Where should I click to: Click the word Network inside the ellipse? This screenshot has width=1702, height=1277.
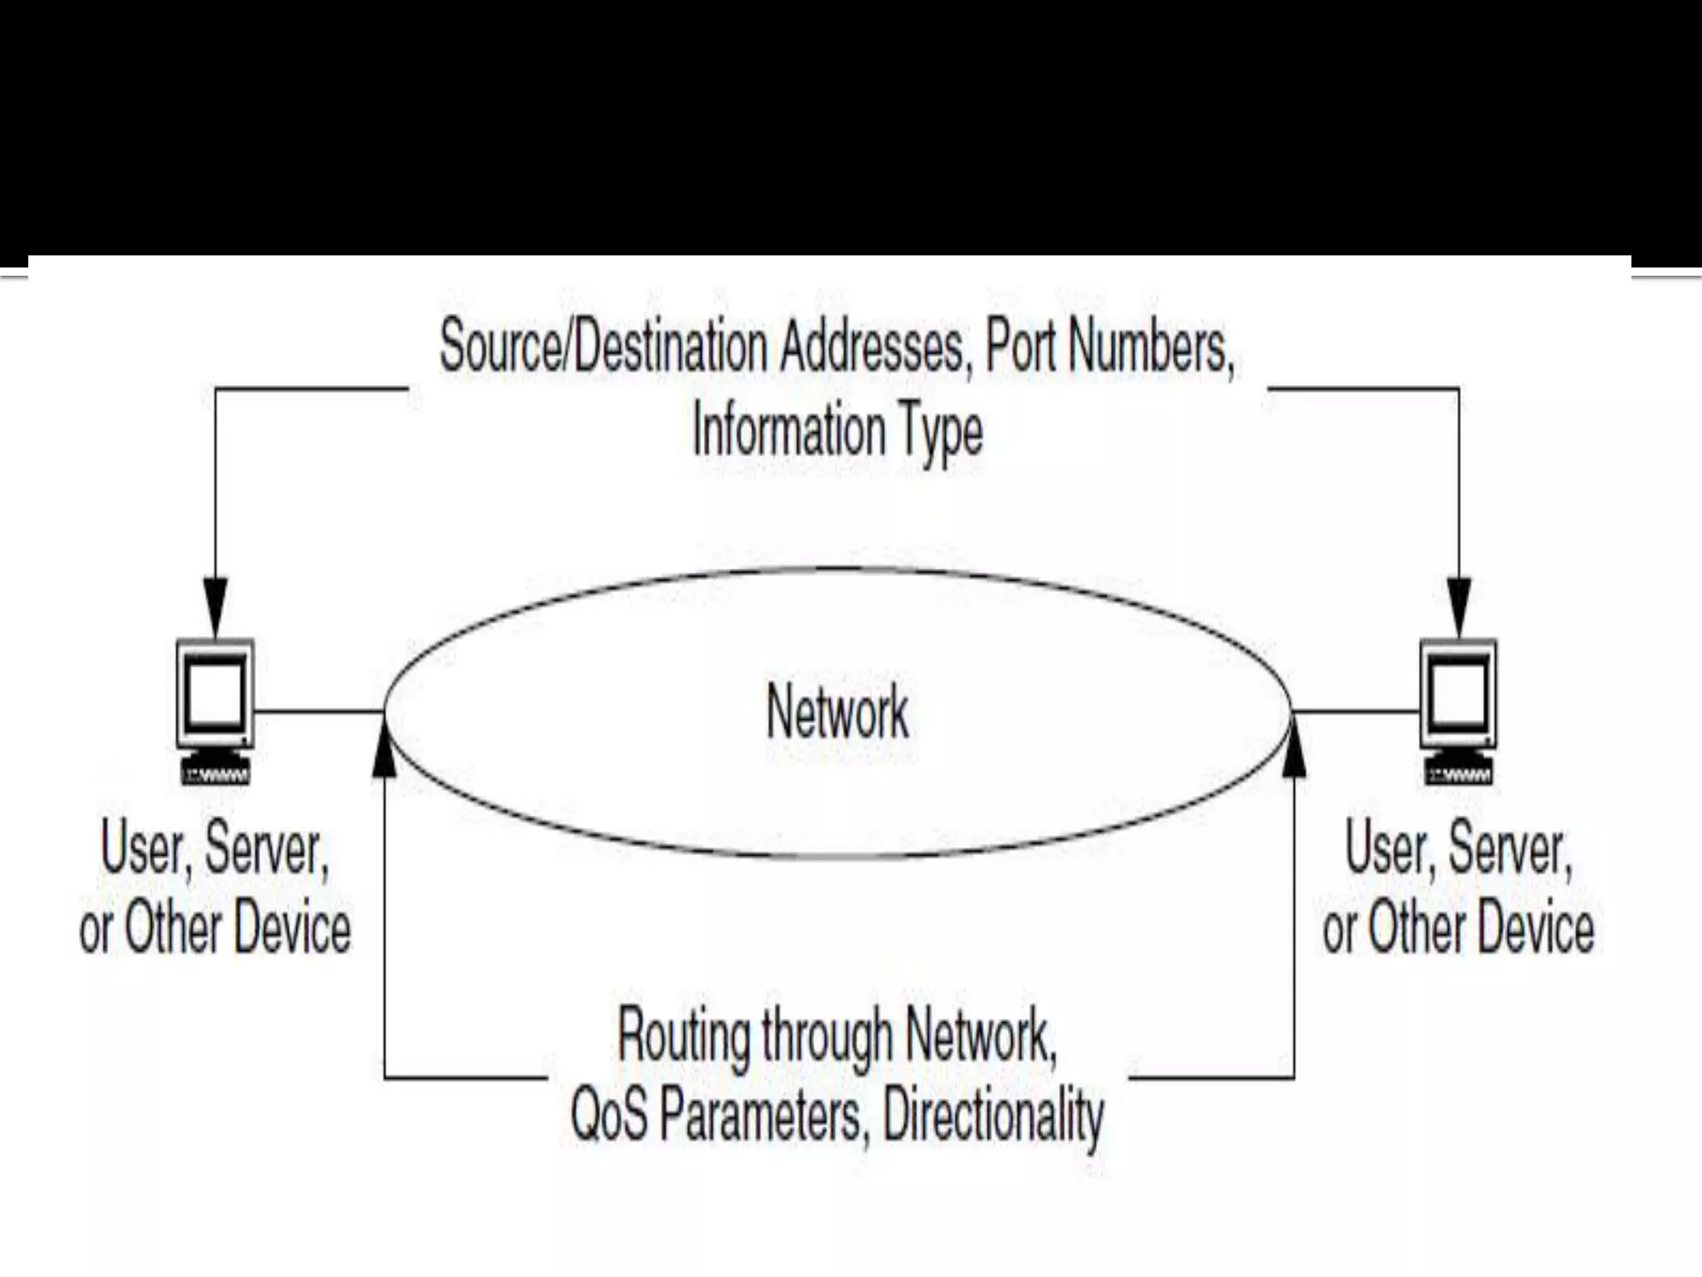coord(838,712)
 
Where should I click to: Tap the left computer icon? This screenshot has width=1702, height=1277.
coord(215,695)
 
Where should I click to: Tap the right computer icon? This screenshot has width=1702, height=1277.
coord(1459,695)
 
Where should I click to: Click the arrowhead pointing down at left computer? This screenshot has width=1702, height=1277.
coord(215,605)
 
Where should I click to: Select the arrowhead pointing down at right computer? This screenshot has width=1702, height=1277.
coord(1459,605)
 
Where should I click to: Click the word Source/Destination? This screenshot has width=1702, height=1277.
coord(603,347)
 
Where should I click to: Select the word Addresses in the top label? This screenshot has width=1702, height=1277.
coord(873,347)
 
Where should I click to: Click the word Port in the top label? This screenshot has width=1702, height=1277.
coord(1020,347)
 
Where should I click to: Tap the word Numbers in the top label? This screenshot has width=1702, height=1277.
coord(1150,347)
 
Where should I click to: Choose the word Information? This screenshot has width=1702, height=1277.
coord(790,430)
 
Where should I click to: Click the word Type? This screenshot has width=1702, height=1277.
coord(942,431)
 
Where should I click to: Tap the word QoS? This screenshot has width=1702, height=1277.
coord(608,1115)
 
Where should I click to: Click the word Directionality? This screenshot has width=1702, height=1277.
coord(993,1115)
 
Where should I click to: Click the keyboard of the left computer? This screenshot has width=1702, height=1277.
coord(216,773)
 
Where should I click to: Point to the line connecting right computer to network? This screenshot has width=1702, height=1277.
coord(1355,712)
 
